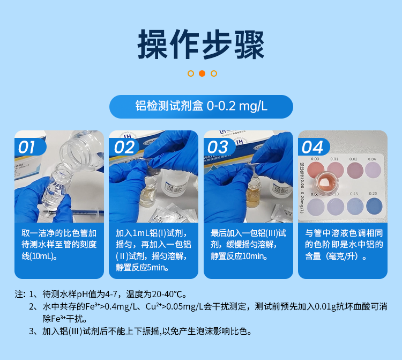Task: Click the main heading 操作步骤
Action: tap(201, 45)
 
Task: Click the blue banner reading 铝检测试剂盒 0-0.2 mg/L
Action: tap(201, 106)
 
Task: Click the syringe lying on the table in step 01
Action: tap(80, 213)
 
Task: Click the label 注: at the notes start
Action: tap(20, 294)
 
